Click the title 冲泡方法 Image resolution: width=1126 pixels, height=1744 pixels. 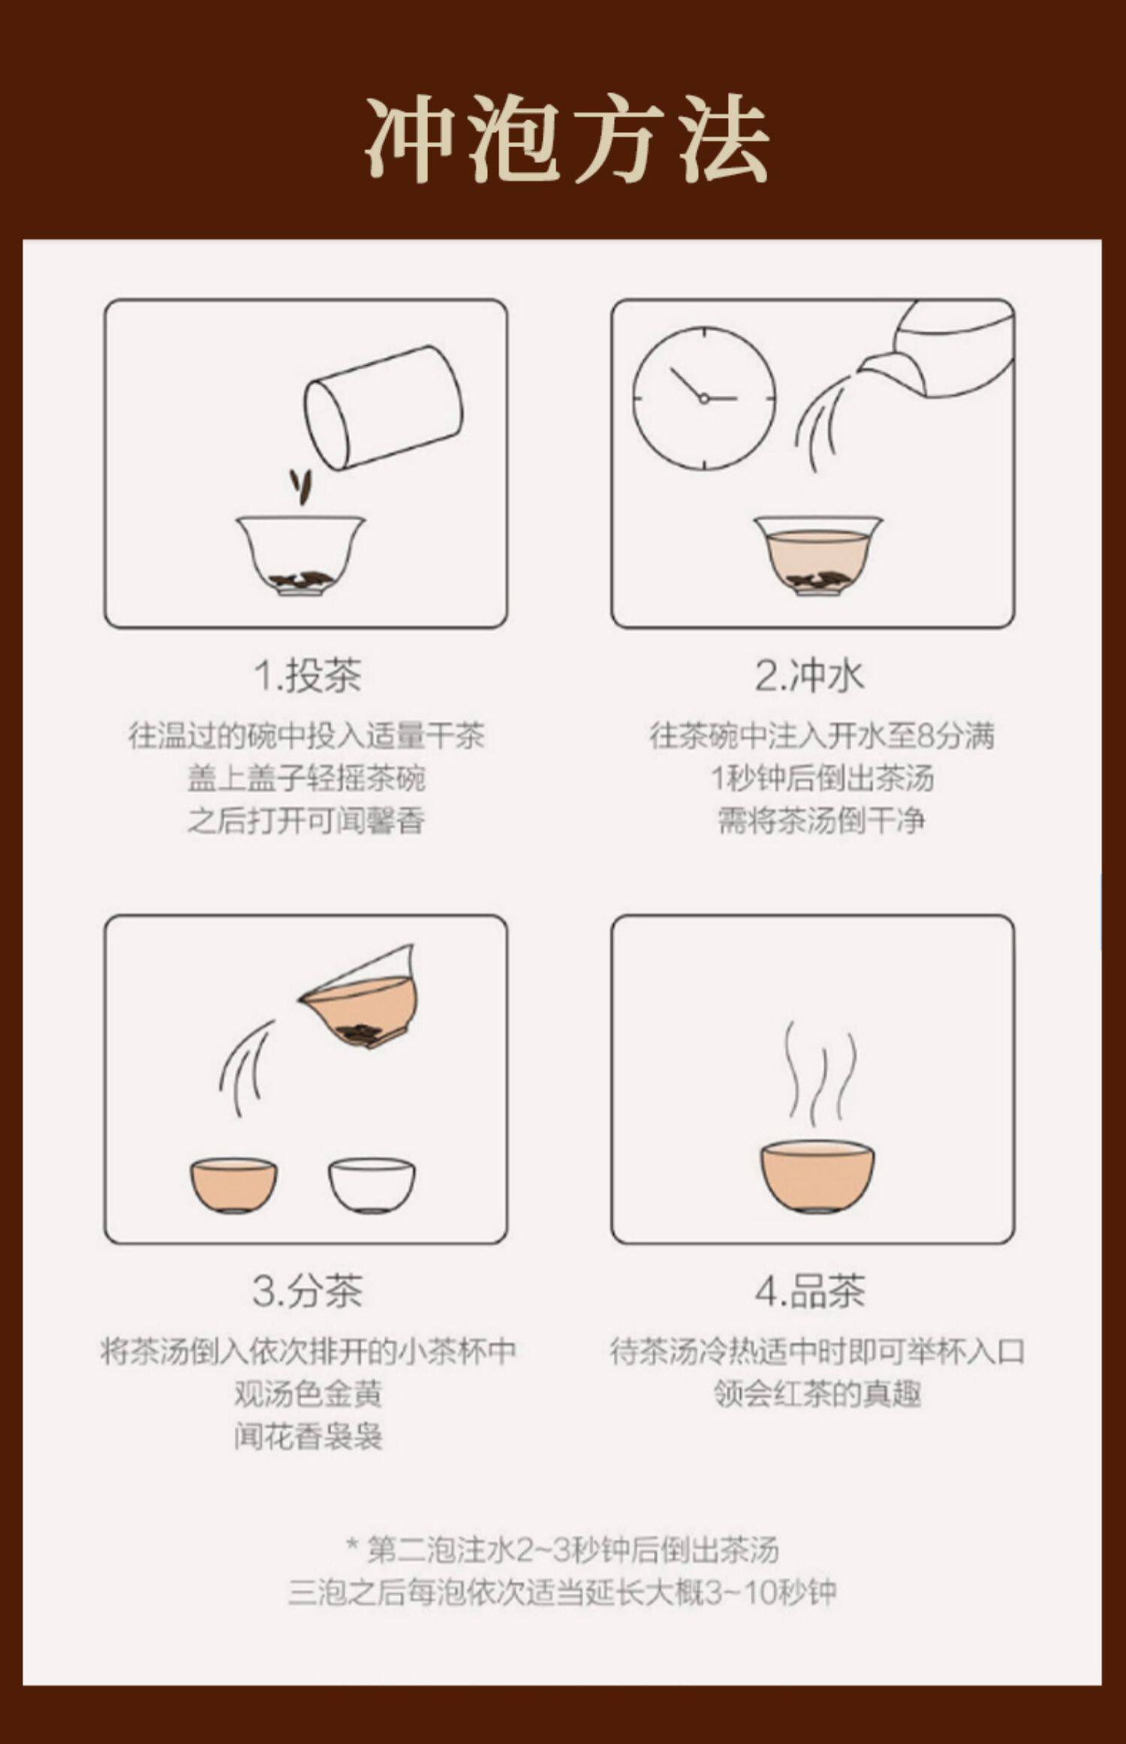tap(568, 139)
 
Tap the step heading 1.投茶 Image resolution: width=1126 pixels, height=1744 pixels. tap(308, 675)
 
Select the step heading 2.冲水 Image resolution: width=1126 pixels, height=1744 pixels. tap(810, 675)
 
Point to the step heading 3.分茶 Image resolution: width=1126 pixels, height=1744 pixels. tap(308, 1291)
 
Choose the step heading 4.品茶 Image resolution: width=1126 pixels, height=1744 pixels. tap(810, 1291)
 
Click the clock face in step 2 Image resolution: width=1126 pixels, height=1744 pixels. tap(704, 398)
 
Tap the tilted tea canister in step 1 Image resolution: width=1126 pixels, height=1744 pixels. tap(383, 407)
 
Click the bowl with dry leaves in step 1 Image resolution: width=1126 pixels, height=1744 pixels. tap(301, 556)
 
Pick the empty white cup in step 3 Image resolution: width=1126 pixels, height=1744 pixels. tap(372, 1186)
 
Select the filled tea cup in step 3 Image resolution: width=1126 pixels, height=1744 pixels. tap(233, 1186)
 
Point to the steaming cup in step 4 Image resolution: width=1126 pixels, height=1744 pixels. tap(817, 1176)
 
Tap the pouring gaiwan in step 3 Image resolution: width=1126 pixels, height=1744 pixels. tap(359, 997)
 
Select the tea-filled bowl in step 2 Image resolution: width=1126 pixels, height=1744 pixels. tap(818, 556)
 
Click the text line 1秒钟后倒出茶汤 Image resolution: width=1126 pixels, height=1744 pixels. tap(822, 778)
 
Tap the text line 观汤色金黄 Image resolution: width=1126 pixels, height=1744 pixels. tap(308, 1394)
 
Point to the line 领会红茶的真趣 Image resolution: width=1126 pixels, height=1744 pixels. tap(817, 1394)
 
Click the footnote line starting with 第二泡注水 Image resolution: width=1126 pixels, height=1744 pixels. tap(563, 1549)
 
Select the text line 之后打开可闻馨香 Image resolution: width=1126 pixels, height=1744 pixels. tap(306, 821)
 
